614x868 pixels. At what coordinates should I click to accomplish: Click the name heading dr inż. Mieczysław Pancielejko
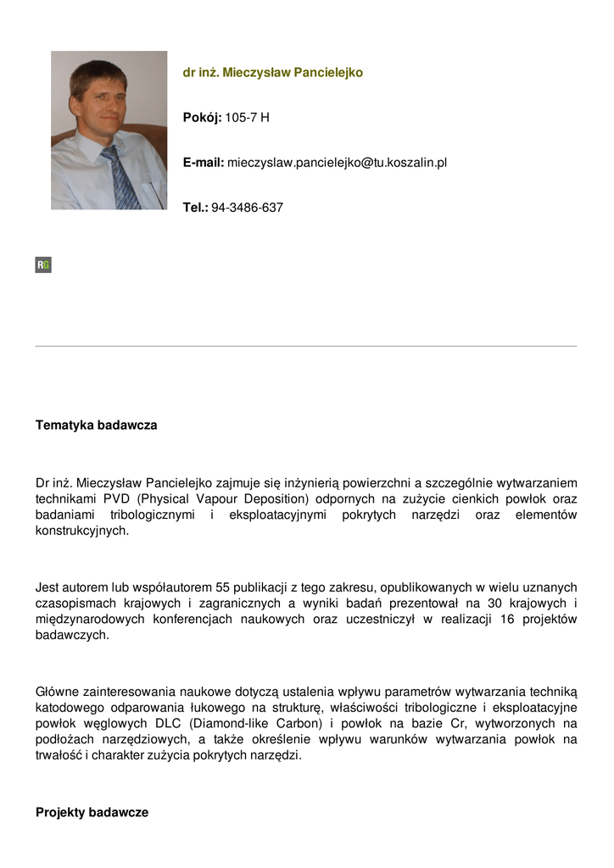click(272, 73)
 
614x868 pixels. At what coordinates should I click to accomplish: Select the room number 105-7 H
click(247, 118)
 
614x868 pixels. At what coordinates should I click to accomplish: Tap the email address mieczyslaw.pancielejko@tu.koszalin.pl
click(337, 163)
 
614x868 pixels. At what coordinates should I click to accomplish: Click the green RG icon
click(43, 265)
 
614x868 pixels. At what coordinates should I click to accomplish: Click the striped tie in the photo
click(120, 179)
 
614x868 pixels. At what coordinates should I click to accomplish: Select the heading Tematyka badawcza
click(96, 426)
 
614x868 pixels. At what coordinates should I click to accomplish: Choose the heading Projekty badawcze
click(92, 813)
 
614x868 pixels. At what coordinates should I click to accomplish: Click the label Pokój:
click(202, 118)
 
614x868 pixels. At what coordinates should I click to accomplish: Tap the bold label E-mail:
click(204, 163)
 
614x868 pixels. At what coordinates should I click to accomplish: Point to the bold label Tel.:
click(195, 208)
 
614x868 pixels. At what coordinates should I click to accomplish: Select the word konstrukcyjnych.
click(82, 531)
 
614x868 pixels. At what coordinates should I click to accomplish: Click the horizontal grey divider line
click(306, 346)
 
